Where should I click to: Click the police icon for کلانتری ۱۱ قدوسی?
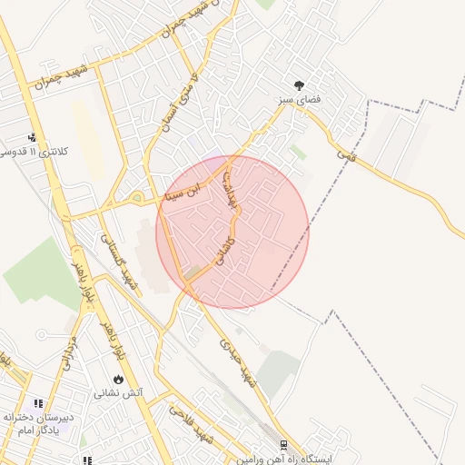coord(34,137)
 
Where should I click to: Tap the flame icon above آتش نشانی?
coord(118,379)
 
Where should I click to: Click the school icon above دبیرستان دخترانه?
coord(38,403)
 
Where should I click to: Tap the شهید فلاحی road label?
coord(190,425)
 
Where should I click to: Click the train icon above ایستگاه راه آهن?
coord(284,445)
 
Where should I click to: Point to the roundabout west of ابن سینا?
coord(136,197)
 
